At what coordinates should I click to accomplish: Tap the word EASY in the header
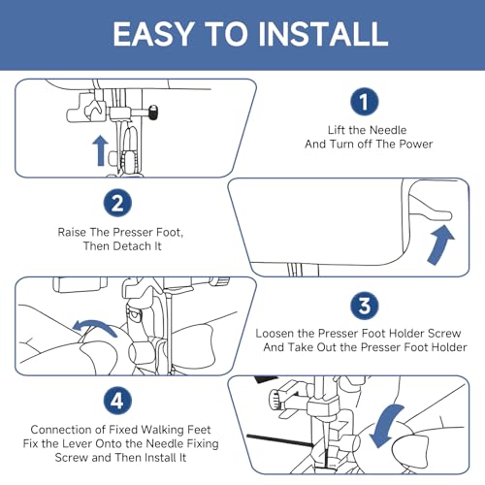pyautogui.click(x=154, y=34)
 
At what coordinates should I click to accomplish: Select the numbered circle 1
pyautogui.click(x=365, y=102)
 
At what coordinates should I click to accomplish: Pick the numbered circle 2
pyautogui.click(x=117, y=203)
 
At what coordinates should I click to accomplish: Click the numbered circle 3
pyautogui.click(x=365, y=306)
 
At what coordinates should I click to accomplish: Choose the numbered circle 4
pyautogui.click(x=117, y=401)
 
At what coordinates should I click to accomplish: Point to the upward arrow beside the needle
pyautogui.click(x=101, y=150)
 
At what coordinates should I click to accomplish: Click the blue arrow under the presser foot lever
pyautogui.click(x=441, y=244)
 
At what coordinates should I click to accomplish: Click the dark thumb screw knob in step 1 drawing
pyautogui.click(x=153, y=113)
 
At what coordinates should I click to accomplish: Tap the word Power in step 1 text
pyautogui.click(x=416, y=144)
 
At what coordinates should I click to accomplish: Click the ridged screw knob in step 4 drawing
pyautogui.click(x=275, y=400)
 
